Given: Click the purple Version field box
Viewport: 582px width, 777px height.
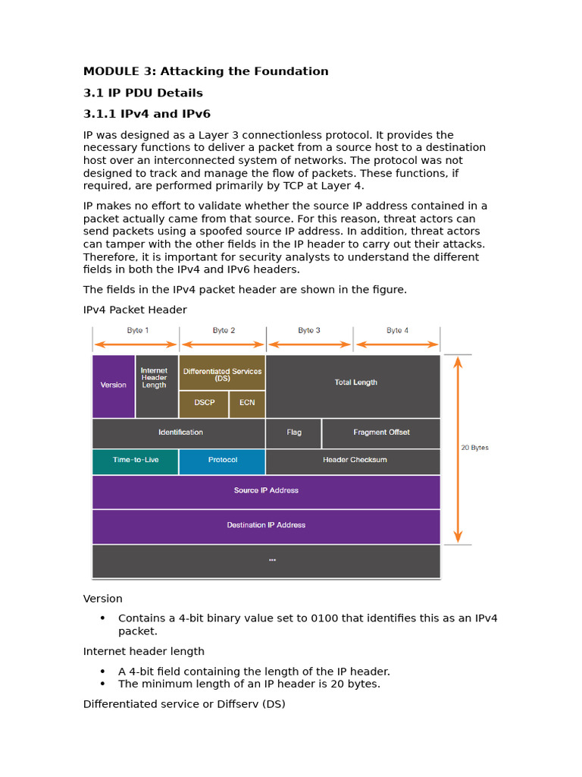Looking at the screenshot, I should [x=114, y=385].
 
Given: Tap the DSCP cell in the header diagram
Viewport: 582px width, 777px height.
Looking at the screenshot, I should [x=204, y=403].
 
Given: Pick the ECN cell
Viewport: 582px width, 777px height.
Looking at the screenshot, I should [x=247, y=403].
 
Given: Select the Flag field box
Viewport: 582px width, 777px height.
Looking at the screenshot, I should [x=293, y=433].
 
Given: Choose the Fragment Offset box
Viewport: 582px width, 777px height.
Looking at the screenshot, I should [x=380, y=433].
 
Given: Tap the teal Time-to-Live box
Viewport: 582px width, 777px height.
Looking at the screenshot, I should [x=136, y=461].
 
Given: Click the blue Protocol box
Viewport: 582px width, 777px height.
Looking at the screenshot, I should [x=222, y=461].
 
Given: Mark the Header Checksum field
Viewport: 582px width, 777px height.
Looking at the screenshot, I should [x=353, y=461].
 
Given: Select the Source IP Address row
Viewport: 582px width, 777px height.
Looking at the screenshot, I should [x=266, y=491].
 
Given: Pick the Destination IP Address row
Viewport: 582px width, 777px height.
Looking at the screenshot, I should [x=266, y=525].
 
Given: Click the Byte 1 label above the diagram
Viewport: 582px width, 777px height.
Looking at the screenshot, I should [x=137, y=331].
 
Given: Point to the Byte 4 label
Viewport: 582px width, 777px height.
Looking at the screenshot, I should [x=397, y=331].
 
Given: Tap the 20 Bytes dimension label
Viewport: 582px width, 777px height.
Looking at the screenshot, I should [x=475, y=448].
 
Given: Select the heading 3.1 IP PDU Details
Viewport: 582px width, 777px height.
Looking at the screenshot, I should [x=143, y=93].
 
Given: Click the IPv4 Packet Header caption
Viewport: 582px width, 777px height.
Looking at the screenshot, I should [x=135, y=310].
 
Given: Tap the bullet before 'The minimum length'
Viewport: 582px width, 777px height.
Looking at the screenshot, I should [x=102, y=684].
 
